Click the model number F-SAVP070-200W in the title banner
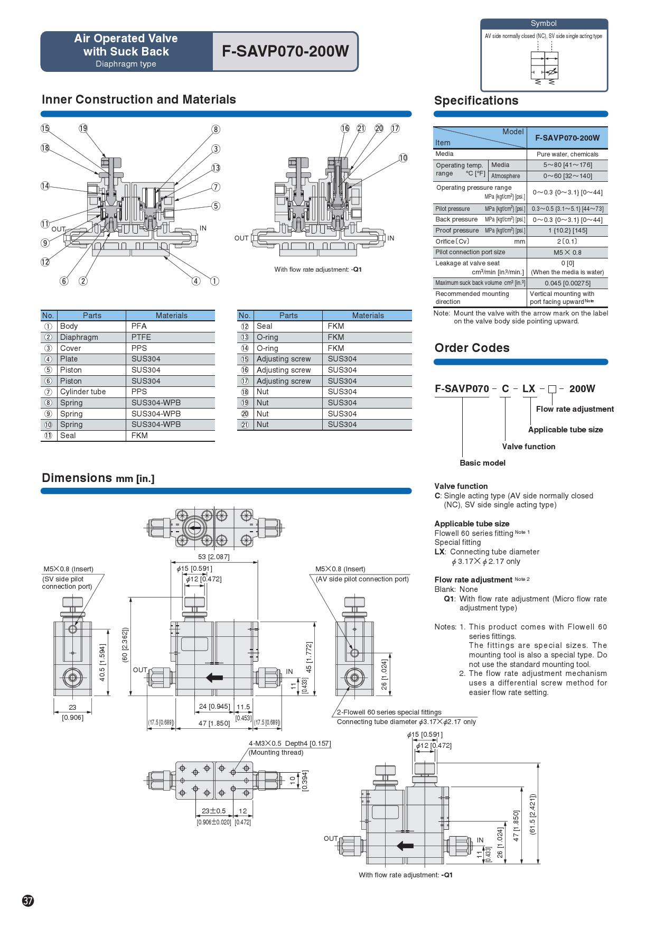(285, 51)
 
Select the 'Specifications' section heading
(476, 100)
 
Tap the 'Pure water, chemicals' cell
(567, 154)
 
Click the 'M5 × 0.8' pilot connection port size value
(567, 252)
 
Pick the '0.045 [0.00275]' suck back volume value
(567, 283)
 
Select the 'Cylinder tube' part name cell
(83, 392)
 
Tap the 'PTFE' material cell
(141, 337)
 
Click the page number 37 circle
(28, 901)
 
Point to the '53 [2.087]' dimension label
(213, 557)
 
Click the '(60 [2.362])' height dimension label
(125, 646)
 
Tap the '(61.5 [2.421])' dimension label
(532, 814)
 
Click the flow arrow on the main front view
(214, 678)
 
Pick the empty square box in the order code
(552, 390)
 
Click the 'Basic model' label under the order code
(482, 463)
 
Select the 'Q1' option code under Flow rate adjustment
(449, 599)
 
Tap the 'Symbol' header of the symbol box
(544, 23)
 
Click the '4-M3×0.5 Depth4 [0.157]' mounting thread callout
(290, 744)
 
